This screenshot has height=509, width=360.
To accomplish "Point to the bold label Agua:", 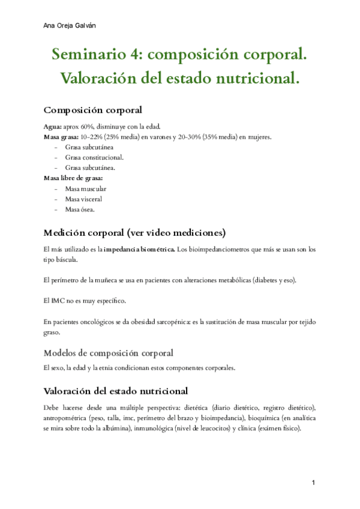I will coord(52,126).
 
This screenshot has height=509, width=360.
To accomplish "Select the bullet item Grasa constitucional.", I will coord(86,157).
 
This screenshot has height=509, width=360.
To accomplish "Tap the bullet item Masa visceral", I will coord(83,199).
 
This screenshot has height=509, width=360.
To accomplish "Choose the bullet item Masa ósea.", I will coord(80,209).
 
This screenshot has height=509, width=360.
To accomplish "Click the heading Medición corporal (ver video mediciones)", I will coord(134,232).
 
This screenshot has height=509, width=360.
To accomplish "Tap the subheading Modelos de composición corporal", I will coord(109,352).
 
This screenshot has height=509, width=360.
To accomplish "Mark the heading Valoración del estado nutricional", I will coord(116,391).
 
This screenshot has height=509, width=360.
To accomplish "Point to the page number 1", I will coord(313,483).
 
